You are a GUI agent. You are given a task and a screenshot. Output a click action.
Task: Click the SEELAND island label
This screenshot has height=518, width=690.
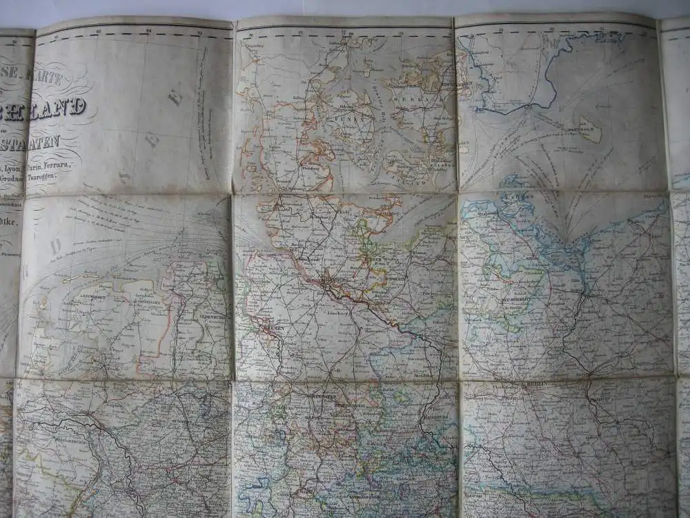408,102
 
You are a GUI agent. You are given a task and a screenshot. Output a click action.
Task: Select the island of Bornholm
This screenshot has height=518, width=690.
590,129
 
